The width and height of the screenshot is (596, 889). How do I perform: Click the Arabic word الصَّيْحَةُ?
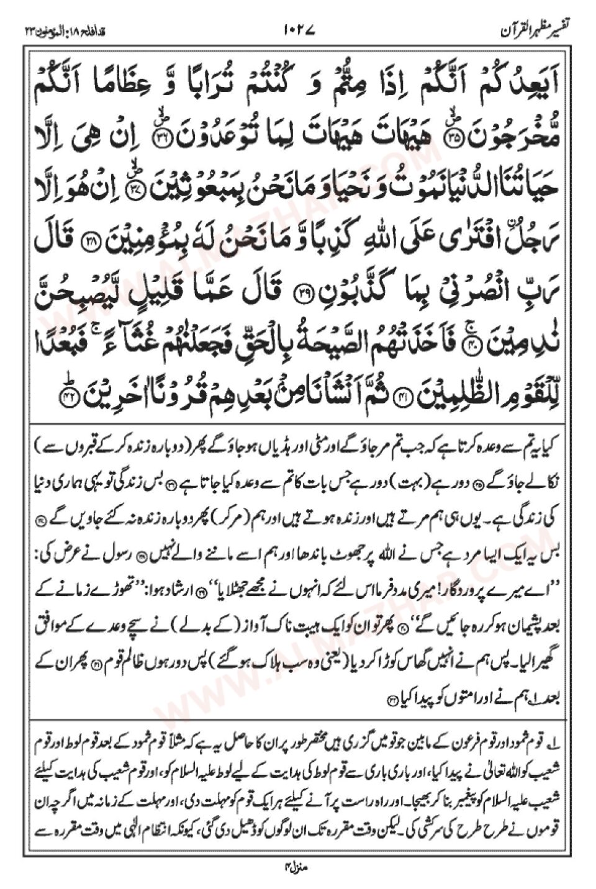325,357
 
